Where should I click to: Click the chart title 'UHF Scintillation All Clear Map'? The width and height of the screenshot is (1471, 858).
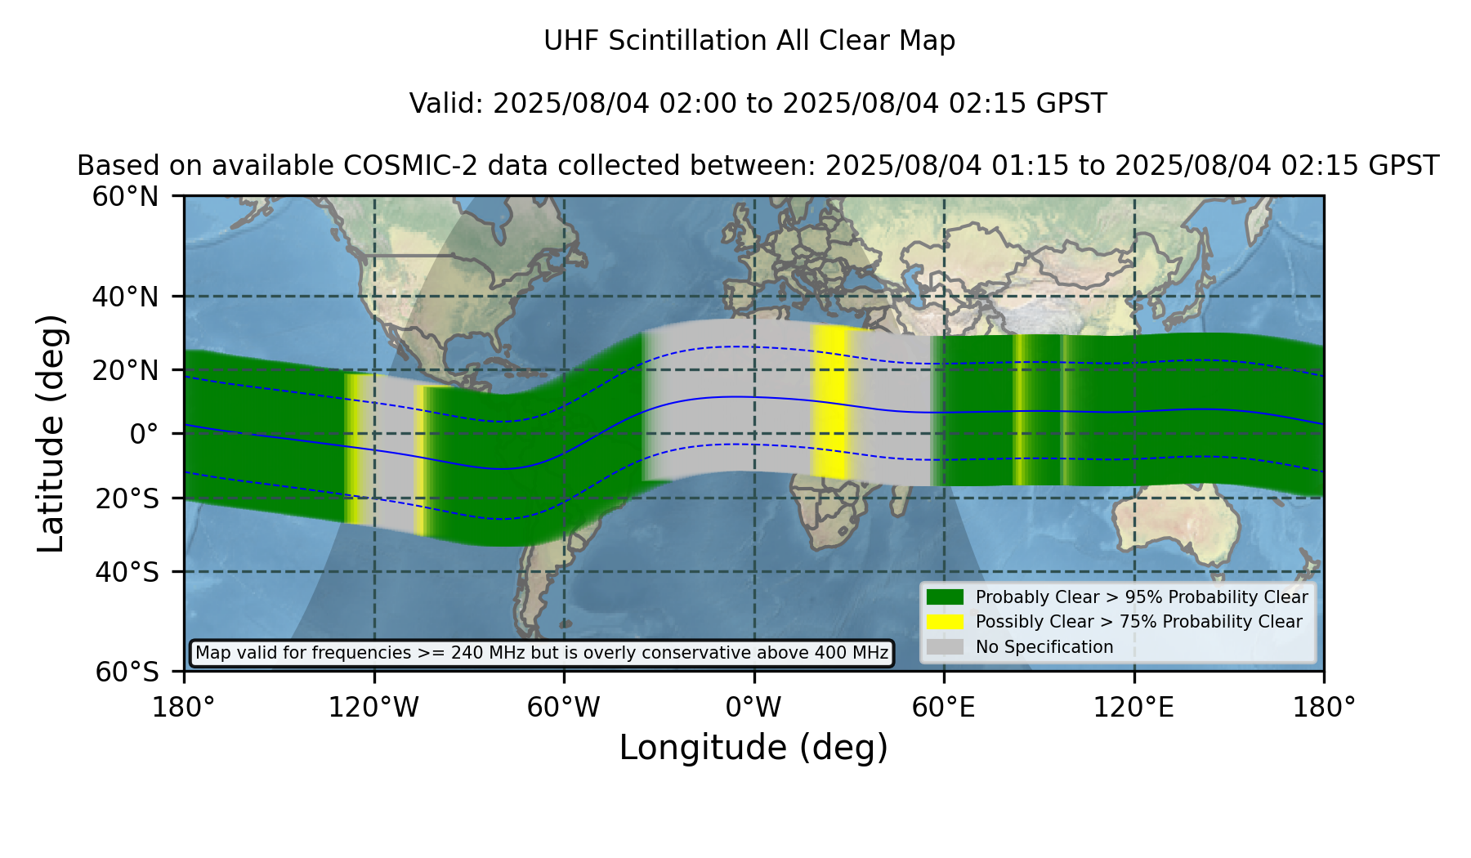pyautogui.click(x=749, y=41)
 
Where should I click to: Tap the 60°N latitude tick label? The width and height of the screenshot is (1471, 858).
pyautogui.click(x=126, y=197)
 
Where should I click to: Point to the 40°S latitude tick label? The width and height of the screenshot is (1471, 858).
pyautogui.click(x=127, y=572)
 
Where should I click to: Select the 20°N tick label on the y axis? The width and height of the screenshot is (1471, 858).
pyautogui.click(x=126, y=370)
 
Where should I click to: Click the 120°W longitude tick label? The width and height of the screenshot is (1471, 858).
pyautogui.click(x=373, y=707)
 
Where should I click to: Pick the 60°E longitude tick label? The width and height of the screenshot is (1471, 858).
pyautogui.click(x=944, y=707)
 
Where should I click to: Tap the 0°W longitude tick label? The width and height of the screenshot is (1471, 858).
pyautogui.click(x=753, y=707)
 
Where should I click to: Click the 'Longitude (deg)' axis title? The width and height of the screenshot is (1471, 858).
pyautogui.click(x=753, y=748)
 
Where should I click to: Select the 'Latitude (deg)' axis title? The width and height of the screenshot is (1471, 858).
pyautogui.click(x=51, y=433)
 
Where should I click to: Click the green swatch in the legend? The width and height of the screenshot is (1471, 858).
pyautogui.click(x=946, y=597)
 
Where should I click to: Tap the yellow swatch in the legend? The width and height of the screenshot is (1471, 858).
pyautogui.click(x=946, y=622)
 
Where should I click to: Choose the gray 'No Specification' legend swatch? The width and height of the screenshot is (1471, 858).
pyautogui.click(x=946, y=647)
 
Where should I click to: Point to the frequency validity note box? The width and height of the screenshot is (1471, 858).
pyautogui.click(x=542, y=653)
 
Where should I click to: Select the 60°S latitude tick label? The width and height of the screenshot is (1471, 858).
pyautogui.click(x=127, y=672)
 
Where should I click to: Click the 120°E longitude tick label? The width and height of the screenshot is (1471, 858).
pyautogui.click(x=1133, y=707)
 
